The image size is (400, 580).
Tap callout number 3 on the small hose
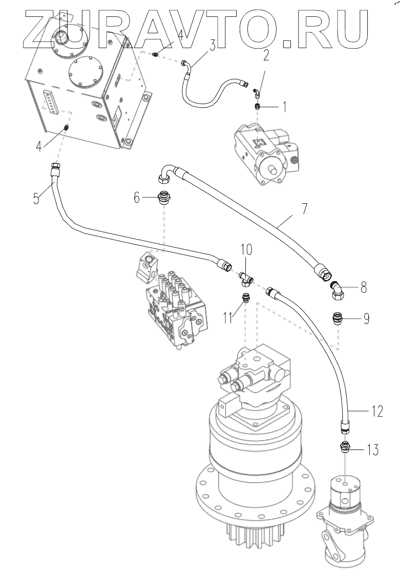click(x=212, y=46)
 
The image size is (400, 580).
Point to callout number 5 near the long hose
click(x=36, y=198)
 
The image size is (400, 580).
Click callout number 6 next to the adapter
click(x=137, y=197)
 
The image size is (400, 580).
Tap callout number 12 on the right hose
click(x=376, y=411)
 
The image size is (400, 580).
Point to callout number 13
click(x=372, y=450)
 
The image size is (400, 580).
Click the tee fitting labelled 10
click(x=245, y=278)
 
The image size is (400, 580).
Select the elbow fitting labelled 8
click(x=336, y=291)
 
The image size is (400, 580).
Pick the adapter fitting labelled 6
click(x=164, y=197)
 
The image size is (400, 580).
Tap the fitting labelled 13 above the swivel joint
click(x=345, y=447)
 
